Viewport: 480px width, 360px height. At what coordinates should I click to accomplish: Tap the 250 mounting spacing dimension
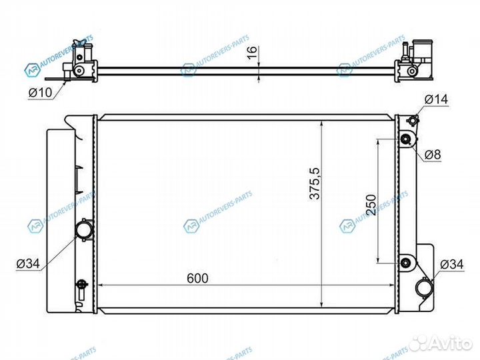(371, 206)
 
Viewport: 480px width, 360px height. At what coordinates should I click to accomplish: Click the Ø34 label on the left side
(28, 265)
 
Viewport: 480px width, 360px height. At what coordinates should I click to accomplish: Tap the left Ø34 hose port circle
(85, 231)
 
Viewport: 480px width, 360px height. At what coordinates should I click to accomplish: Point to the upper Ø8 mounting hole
(405, 140)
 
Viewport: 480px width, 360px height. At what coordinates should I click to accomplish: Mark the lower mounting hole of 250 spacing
(405, 261)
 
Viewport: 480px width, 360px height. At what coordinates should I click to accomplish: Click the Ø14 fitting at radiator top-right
(412, 121)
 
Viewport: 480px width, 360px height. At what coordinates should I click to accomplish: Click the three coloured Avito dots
(419, 343)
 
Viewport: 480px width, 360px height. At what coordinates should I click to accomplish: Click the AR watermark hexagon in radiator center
(191, 225)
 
